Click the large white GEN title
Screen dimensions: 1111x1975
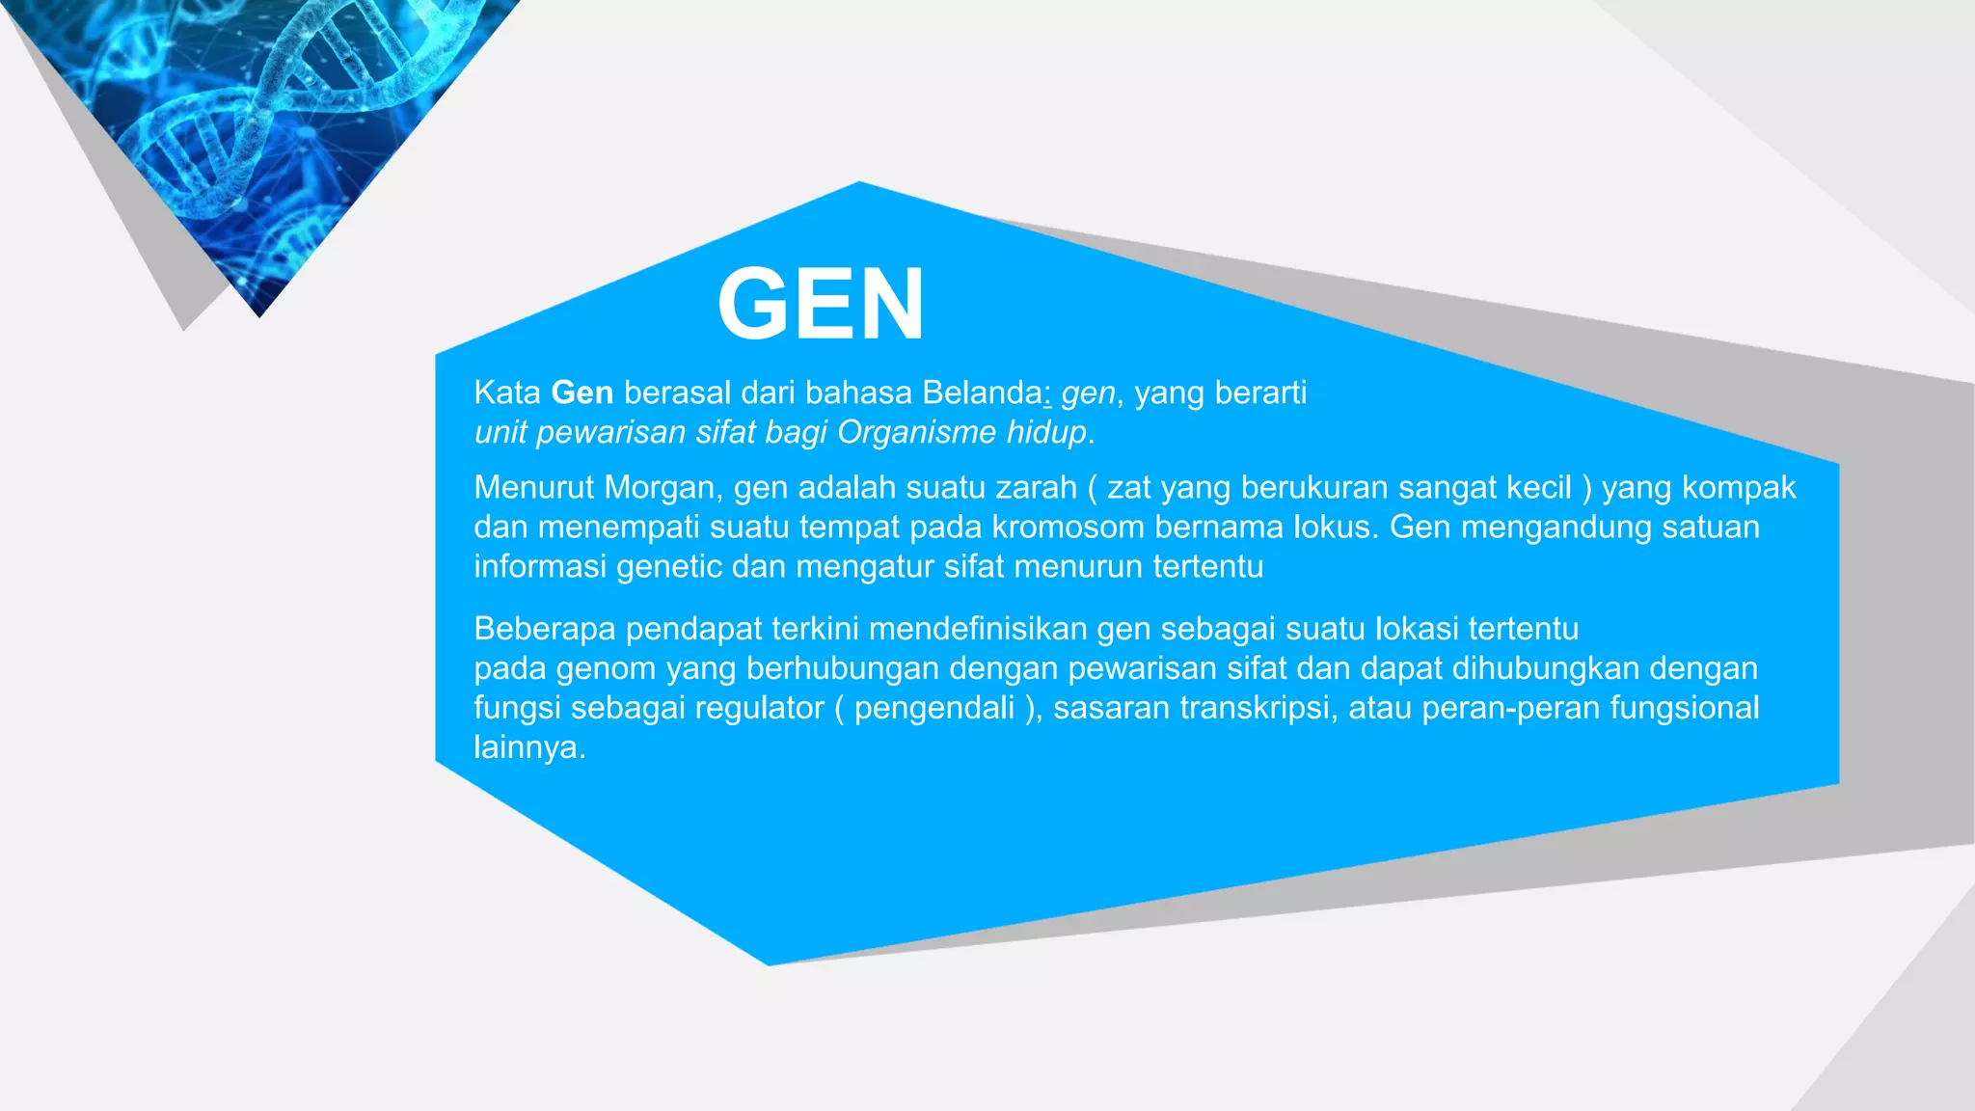tap(821, 304)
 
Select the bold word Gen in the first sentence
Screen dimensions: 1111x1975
tap(582, 393)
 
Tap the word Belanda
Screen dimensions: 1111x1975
tap(982, 393)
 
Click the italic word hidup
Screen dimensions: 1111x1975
tap(1046, 432)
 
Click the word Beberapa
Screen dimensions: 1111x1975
tap(544, 629)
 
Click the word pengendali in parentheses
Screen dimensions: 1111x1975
tap(933, 708)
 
